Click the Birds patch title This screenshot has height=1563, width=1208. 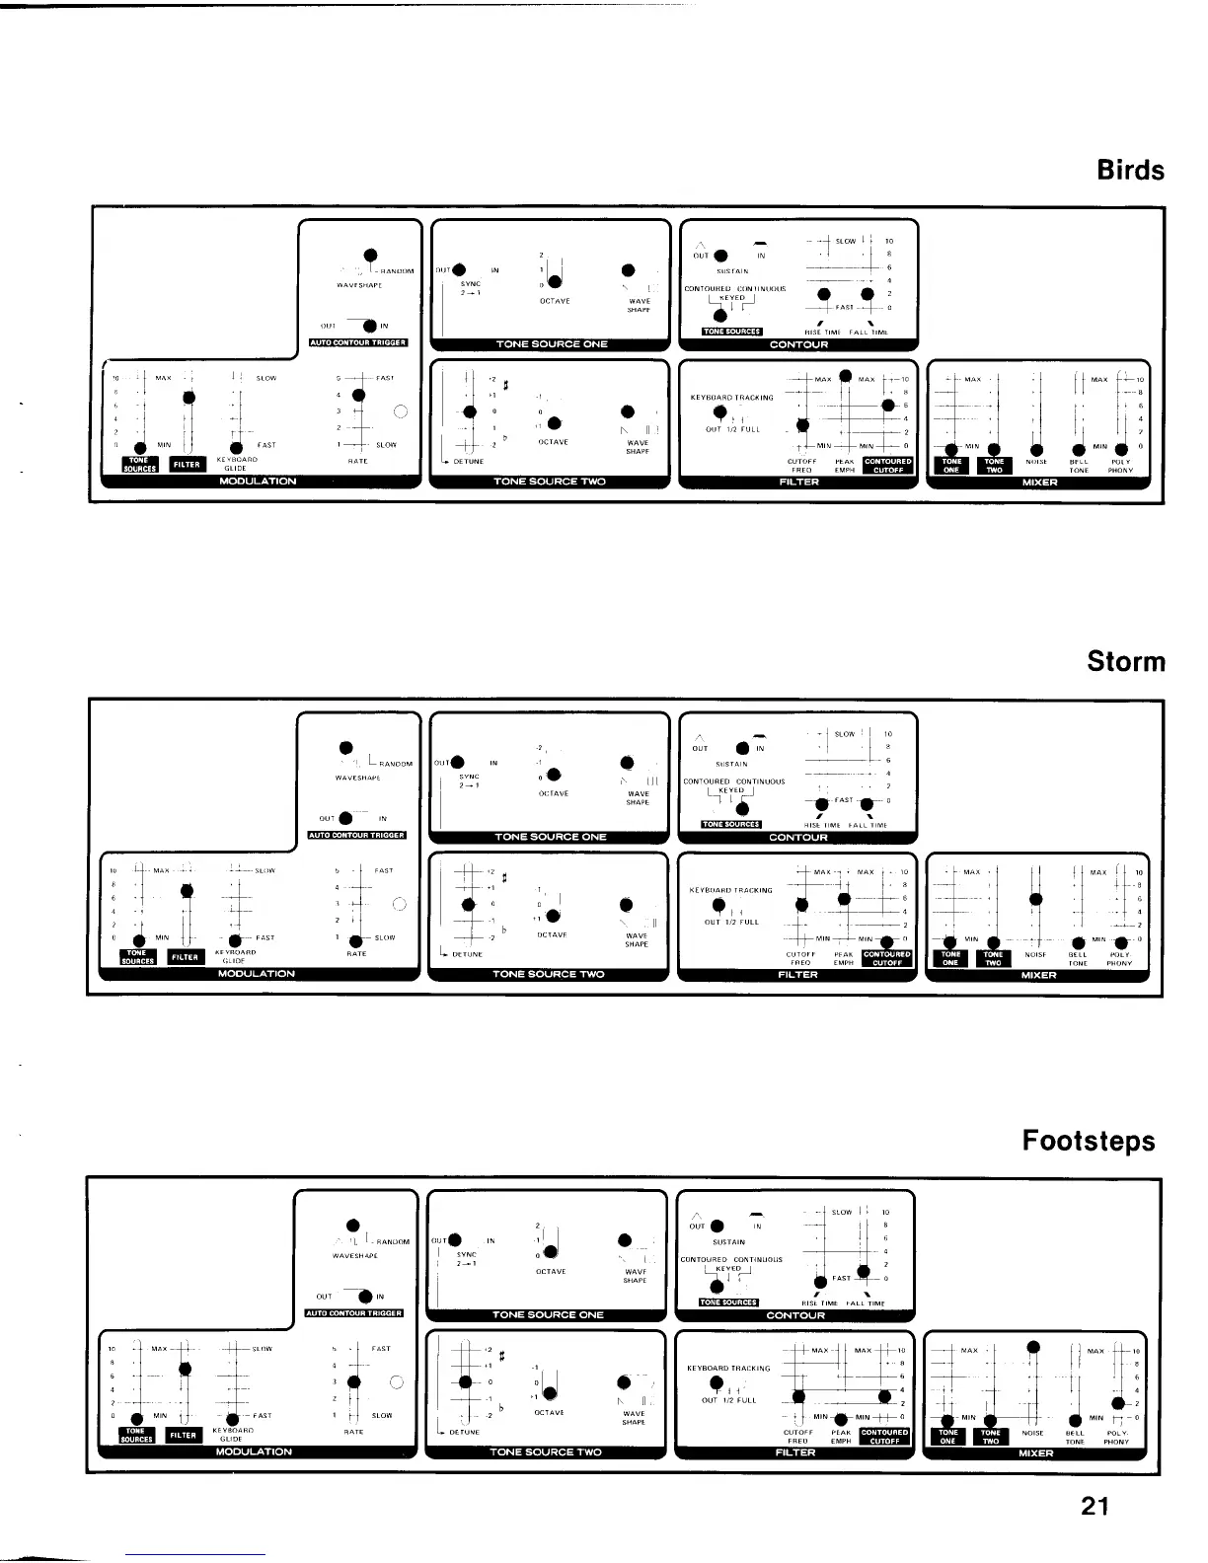pyautogui.click(x=1130, y=170)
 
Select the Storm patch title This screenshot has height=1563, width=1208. pyautogui.click(x=1125, y=661)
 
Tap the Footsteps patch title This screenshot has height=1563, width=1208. pyautogui.click(x=1089, y=1141)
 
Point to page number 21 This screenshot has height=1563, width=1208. pyautogui.click(x=1095, y=1506)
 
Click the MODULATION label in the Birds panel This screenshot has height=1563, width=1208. pyautogui.click(x=258, y=482)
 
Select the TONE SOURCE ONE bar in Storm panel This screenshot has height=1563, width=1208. pyautogui.click(x=550, y=837)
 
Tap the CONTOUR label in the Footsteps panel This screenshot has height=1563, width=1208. pyautogui.click(x=795, y=1315)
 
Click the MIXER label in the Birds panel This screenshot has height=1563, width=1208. pyautogui.click(x=1040, y=483)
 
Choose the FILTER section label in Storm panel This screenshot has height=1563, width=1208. pyautogui.click(x=797, y=975)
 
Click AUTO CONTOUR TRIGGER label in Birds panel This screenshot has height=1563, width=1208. pyautogui.click(x=358, y=343)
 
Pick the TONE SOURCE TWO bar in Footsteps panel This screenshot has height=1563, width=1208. pyautogui.click(x=546, y=1452)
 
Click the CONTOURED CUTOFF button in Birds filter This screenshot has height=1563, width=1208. pyautogui.click(x=887, y=465)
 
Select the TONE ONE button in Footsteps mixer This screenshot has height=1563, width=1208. pyautogui.click(x=947, y=1437)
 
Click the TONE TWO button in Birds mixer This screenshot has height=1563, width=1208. pyautogui.click(x=994, y=466)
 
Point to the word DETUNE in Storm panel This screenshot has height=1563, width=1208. pyautogui.click(x=467, y=954)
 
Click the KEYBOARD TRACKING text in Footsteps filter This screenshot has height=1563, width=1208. pyautogui.click(x=728, y=1369)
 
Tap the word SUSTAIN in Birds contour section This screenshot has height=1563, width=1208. pyautogui.click(x=732, y=270)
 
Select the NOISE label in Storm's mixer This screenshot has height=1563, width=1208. pyautogui.click(x=1035, y=954)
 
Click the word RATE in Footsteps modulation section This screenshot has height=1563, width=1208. pyautogui.click(x=353, y=1431)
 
